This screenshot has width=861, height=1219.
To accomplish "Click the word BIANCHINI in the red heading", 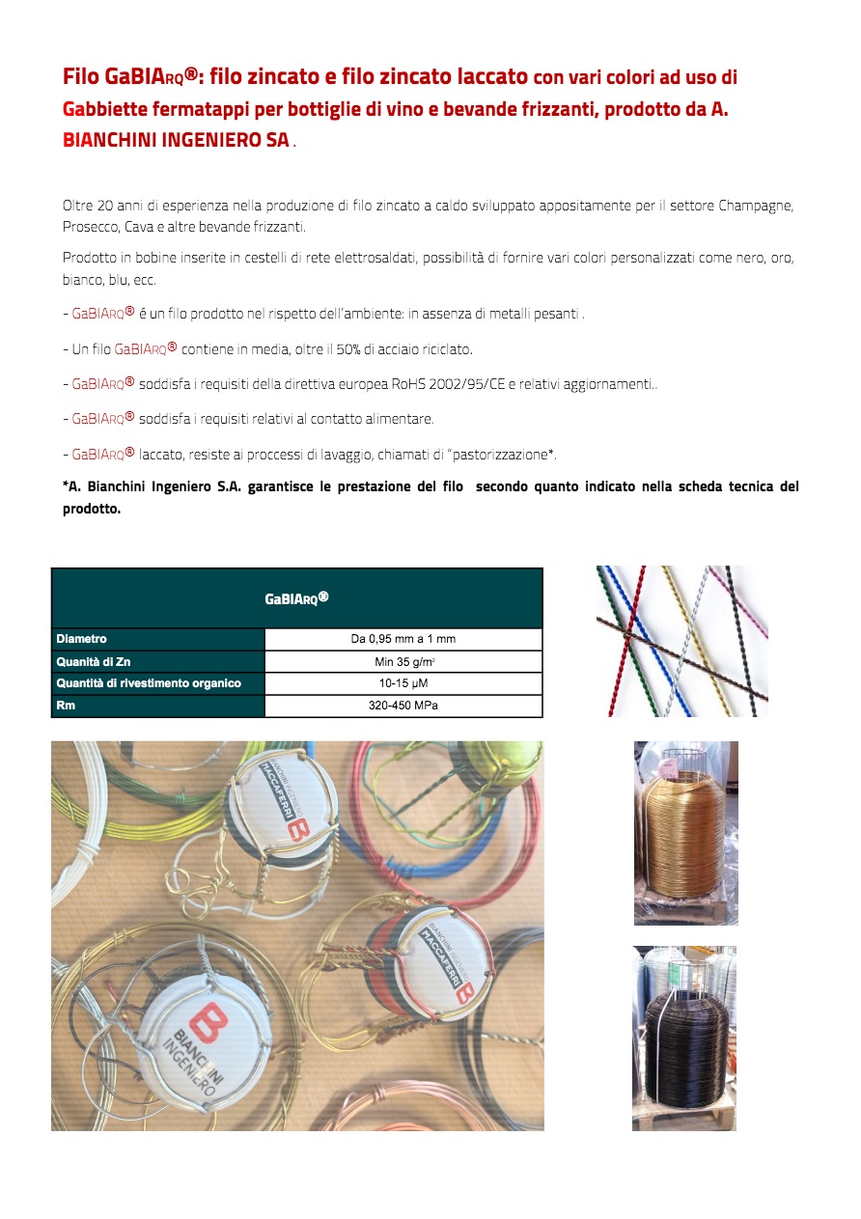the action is pyautogui.click(x=109, y=140).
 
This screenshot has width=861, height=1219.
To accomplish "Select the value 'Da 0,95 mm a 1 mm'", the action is pyautogui.click(x=403, y=639).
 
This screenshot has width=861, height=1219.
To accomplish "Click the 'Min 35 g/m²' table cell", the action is pyautogui.click(x=403, y=662).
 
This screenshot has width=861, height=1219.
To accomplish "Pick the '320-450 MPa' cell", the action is pyautogui.click(x=403, y=706).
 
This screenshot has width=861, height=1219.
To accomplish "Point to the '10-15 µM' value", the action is pyautogui.click(x=403, y=683).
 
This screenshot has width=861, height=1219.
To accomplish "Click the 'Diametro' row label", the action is pyautogui.click(x=81, y=639).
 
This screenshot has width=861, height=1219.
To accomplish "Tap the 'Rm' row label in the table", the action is pyautogui.click(x=66, y=706).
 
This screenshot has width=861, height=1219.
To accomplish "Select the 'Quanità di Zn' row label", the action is pyautogui.click(x=93, y=662).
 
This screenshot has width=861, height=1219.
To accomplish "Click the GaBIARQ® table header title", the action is pyautogui.click(x=296, y=598).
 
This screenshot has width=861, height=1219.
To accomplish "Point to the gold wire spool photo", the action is pyautogui.click(x=685, y=833).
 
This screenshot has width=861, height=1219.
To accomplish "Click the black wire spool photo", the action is pyautogui.click(x=684, y=1039).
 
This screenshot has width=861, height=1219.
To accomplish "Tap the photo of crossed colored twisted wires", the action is pyautogui.click(x=681, y=641).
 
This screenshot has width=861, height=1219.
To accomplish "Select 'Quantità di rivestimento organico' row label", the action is pyautogui.click(x=149, y=683).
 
